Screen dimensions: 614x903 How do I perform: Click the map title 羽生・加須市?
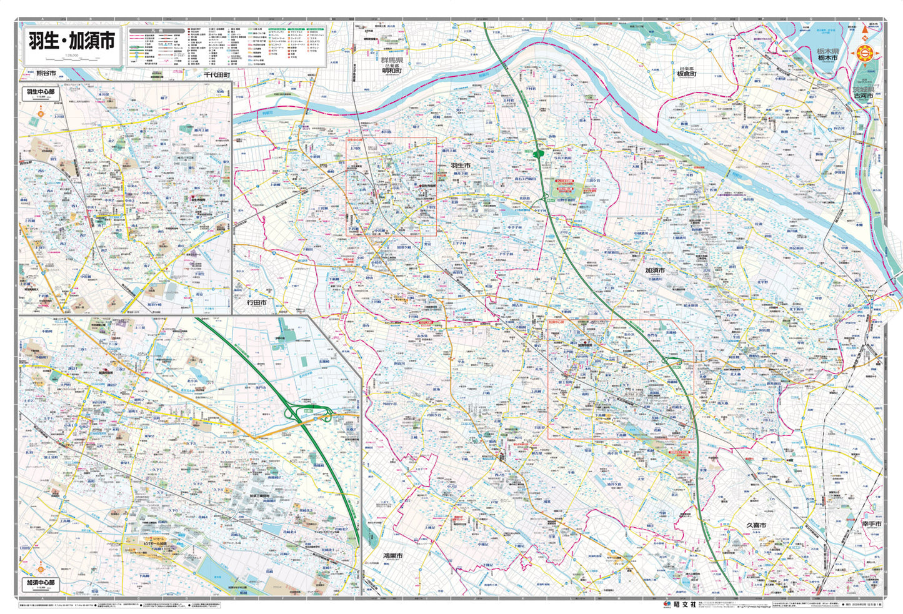click(x=72, y=41)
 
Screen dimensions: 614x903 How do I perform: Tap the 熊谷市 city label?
click(x=46, y=74)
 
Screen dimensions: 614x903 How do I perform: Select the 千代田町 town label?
click(x=216, y=75)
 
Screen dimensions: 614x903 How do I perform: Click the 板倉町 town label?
click(x=686, y=74)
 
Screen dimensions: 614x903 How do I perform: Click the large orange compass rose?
click(x=866, y=54)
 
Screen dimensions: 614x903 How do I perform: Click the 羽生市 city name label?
click(x=460, y=166)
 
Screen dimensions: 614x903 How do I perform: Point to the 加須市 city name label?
click(x=656, y=270)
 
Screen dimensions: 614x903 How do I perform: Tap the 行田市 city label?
click(x=256, y=302)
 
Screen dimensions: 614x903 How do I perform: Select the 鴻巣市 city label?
click(x=393, y=555)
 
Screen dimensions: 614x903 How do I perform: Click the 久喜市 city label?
click(x=755, y=526)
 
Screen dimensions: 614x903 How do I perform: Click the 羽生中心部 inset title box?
click(x=40, y=92)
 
